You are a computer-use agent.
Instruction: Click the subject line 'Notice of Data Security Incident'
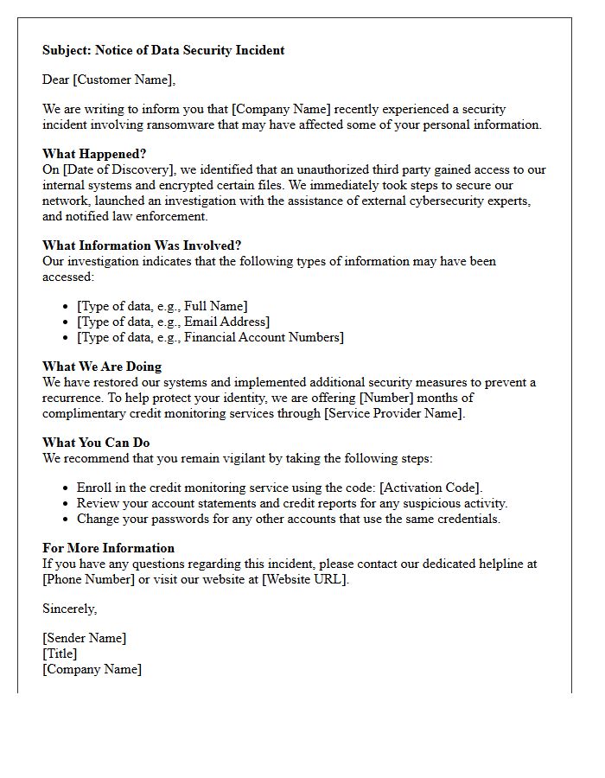click(189, 50)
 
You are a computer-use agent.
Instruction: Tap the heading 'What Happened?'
click(94, 154)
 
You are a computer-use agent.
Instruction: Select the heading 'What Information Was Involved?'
click(142, 246)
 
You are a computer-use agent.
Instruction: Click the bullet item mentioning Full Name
click(162, 306)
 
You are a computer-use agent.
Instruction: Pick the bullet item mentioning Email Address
click(173, 322)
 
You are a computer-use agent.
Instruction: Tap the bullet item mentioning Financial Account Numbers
click(210, 337)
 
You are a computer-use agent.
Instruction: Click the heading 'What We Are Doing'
click(102, 367)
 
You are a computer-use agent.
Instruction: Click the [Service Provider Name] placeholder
click(393, 413)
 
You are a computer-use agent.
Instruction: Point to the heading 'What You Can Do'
click(96, 443)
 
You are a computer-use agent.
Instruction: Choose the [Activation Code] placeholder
click(430, 488)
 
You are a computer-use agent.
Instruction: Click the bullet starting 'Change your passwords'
click(288, 519)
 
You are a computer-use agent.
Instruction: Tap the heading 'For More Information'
click(108, 548)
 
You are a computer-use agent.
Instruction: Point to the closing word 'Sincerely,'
click(70, 609)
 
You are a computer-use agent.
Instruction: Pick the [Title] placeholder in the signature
click(60, 654)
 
